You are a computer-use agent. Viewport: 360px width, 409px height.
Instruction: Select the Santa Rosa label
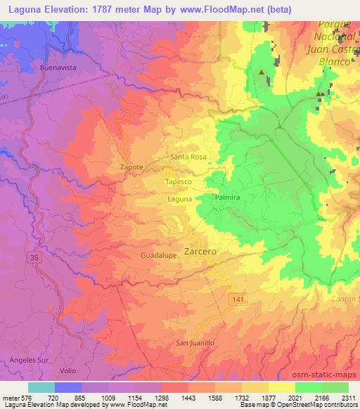(x=188, y=157)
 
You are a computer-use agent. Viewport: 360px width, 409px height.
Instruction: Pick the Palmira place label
(x=228, y=199)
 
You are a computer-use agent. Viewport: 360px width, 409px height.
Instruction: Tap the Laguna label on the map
(x=180, y=200)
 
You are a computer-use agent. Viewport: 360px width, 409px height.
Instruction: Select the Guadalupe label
(x=157, y=256)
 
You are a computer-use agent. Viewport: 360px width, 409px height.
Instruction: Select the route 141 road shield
(x=239, y=299)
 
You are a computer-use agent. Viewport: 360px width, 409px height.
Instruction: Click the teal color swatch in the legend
(x=41, y=387)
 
